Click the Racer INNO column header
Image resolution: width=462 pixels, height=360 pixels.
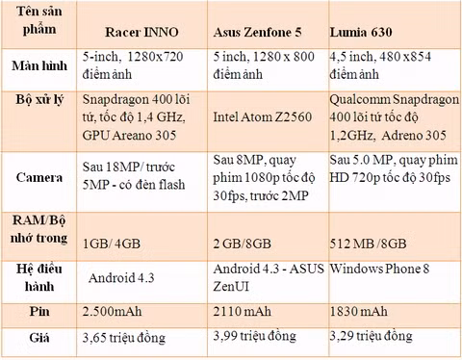(x=141, y=32)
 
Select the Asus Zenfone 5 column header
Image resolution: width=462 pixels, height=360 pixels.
(x=257, y=32)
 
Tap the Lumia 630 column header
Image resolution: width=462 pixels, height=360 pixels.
(x=361, y=32)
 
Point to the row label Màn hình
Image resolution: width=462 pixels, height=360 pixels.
(x=39, y=65)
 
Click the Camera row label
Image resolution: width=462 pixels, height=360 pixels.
(x=39, y=177)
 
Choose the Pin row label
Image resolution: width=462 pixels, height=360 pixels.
(x=39, y=311)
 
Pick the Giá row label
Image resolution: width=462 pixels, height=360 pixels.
(x=39, y=338)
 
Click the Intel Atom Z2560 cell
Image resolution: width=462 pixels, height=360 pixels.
(x=263, y=116)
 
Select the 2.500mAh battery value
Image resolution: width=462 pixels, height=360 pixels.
(x=112, y=312)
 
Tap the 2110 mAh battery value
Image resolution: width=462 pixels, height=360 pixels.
(x=243, y=311)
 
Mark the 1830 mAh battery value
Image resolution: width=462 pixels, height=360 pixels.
(x=359, y=311)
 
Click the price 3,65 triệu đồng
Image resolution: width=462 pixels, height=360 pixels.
(x=124, y=338)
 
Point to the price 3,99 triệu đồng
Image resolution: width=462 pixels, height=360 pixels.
(x=255, y=336)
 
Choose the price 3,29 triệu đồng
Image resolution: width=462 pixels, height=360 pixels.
(x=372, y=336)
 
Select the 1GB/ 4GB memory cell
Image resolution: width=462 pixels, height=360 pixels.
(x=112, y=244)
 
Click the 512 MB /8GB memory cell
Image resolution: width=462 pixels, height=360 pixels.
(x=369, y=244)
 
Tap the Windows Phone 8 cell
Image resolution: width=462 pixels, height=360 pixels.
(x=379, y=269)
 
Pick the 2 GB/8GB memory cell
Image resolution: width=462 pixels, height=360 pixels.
(x=243, y=244)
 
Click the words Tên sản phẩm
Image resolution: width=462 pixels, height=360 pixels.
(x=39, y=20)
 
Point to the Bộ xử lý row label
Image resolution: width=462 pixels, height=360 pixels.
(x=39, y=100)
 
